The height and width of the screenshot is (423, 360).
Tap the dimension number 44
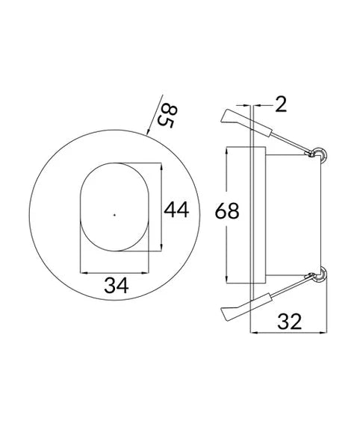(x=177, y=210)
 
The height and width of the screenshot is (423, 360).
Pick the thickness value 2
(x=280, y=105)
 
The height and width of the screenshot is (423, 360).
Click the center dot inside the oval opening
(x=114, y=215)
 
